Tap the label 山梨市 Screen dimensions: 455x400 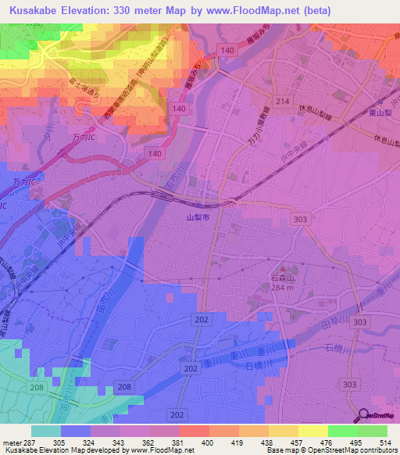tap(198, 220)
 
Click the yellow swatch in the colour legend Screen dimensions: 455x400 tap(312, 431)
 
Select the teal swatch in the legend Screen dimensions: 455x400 tap(46, 431)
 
